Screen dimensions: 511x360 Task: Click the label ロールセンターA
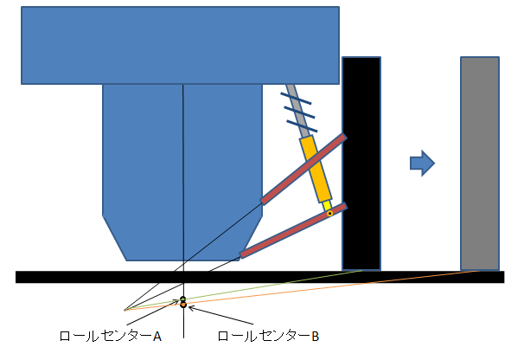coord(111,336)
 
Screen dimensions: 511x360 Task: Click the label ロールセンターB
coord(268,336)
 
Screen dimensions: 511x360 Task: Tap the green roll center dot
coord(183,299)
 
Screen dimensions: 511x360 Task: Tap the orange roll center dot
coord(183,305)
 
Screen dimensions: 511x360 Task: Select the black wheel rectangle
coord(361,164)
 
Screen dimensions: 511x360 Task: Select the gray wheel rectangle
coord(480,164)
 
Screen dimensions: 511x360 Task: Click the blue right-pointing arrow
coord(422,163)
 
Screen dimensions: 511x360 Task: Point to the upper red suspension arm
coord(303,170)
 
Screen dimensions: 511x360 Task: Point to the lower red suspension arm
coord(293,230)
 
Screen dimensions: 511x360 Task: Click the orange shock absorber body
coord(316,169)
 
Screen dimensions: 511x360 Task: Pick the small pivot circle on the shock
coord(329,214)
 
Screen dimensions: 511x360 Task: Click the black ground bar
coord(259,277)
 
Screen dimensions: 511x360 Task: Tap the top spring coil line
coord(296,99)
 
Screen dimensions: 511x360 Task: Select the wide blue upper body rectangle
coord(180,45)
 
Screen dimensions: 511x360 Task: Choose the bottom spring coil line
coord(302,126)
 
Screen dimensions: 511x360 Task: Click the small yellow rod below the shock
coord(327,206)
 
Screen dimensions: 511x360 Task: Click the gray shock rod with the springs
coord(297,111)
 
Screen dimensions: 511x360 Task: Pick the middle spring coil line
coord(299,112)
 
